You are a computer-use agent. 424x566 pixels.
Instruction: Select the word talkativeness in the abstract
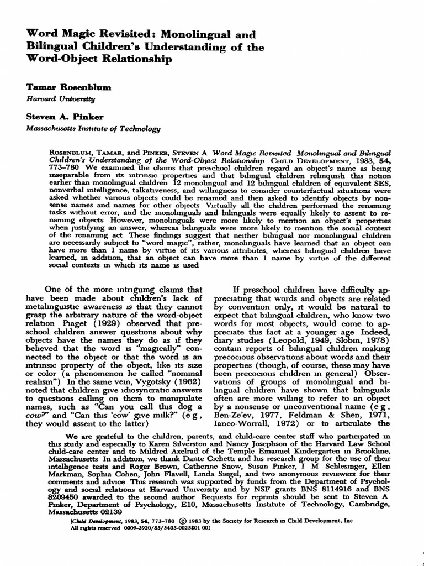(155, 191)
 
